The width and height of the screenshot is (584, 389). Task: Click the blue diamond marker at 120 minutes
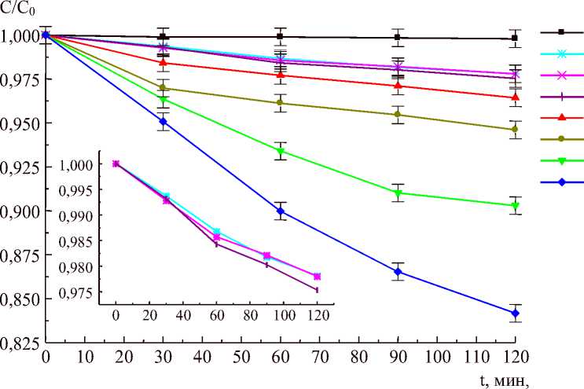pos(515,314)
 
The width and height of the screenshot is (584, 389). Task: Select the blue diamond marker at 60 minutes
pos(281,211)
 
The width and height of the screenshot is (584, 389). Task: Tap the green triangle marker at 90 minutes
pos(398,193)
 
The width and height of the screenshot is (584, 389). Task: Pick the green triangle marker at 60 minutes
pos(281,152)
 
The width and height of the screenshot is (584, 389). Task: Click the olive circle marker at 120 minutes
pos(515,130)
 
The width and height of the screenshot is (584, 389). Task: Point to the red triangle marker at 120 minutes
pos(515,97)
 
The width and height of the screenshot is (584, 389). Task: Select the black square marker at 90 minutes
pos(398,37)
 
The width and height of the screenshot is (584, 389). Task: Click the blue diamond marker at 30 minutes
pos(163,122)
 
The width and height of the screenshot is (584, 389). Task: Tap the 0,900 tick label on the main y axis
pos(18,212)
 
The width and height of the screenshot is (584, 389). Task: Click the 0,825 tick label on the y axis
pos(18,343)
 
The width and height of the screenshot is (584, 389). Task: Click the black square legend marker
pos(561,32)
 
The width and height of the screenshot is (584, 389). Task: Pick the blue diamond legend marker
pos(561,182)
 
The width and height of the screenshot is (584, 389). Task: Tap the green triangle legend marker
pos(561,161)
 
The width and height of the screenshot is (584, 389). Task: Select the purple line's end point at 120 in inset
pos(317,290)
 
